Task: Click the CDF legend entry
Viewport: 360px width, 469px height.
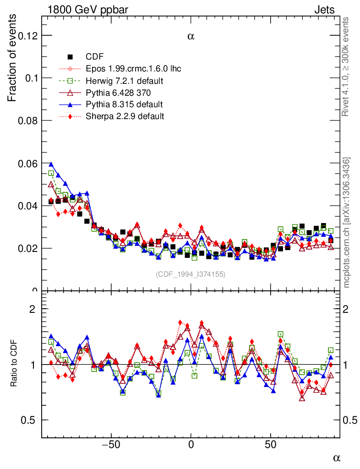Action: [x=95, y=57]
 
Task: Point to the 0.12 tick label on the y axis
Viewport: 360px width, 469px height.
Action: [x=27, y=35]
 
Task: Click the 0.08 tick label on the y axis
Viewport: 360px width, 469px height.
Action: [x=27, y=120]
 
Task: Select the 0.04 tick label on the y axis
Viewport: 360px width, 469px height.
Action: [x=27, y=206]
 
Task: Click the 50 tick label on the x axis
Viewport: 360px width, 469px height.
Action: [x=271, y=444]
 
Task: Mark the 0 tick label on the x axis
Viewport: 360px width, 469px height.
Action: [x=191, y=444]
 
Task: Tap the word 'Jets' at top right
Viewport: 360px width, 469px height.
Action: [x=324, y=10]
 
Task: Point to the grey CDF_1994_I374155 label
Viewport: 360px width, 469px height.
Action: [x=191, y=274]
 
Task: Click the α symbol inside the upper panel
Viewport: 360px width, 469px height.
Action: [x=191, y=37]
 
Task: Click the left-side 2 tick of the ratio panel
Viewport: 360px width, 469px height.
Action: [x=32, y=309]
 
